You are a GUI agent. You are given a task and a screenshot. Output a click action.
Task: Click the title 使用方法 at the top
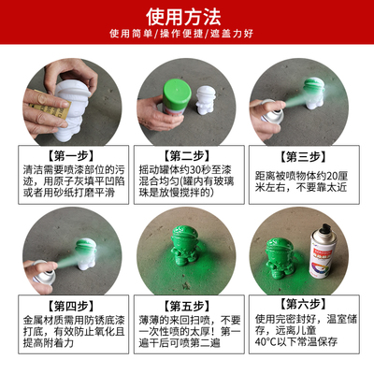(x=187, y=16)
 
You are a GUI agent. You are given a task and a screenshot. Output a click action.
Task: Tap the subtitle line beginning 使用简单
(x=187, y=36)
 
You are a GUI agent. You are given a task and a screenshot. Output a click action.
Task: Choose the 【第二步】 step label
(x=187, y=154)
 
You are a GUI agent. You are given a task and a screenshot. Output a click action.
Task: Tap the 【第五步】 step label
(x=187, y=305)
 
